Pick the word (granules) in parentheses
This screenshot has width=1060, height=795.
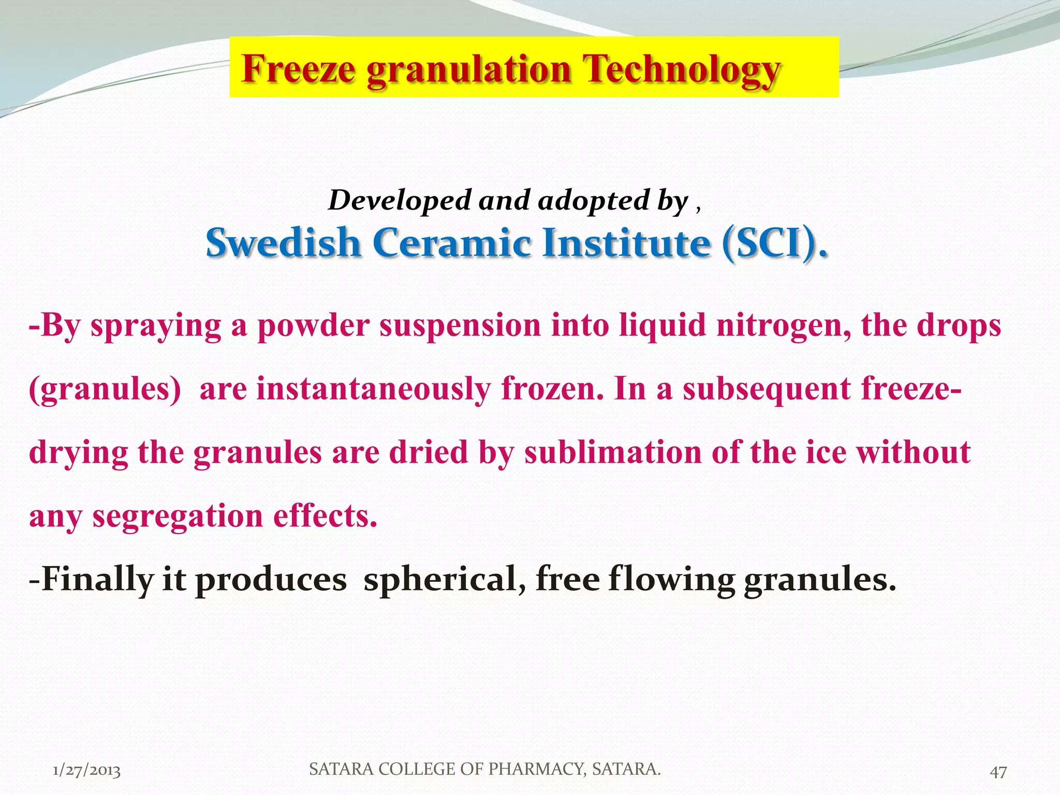click(105, 390)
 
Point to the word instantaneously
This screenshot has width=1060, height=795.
click(373, 390)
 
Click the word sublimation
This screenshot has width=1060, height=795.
click(613, 452)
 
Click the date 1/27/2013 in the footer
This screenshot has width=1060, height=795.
click(87, 771)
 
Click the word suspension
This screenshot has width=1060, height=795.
click(460, 326)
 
